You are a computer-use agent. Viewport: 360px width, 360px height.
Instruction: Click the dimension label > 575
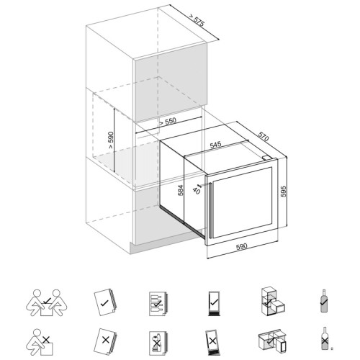click(x=197, y=19)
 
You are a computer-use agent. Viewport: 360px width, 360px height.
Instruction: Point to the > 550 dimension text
click(x=168, y=122)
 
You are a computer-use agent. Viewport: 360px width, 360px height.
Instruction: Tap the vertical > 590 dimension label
click(x=111, y=140)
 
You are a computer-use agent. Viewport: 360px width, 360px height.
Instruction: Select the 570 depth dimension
click(x=264, y=136)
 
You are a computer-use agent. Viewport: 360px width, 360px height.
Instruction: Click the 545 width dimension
click(x=216, y=145)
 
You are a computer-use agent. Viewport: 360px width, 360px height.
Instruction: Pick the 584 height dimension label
click(x=181, y=190)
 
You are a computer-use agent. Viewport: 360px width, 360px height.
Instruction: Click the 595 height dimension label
click(x=284, y=192)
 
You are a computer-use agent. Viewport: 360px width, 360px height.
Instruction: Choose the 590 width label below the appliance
click(x=241, y=246)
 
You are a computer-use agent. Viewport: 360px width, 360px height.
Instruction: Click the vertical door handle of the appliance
click(x=211, y=210)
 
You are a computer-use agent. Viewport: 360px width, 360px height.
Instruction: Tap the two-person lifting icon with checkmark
click(x=47, y=302)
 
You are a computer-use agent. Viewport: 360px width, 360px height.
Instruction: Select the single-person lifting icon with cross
click(x=40, y=342)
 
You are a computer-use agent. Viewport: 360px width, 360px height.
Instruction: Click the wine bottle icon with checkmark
click(x=324, y=301)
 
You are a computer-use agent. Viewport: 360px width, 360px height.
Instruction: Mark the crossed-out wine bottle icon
click(x=325, y=338)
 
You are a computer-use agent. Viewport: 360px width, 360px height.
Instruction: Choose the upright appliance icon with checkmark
click(x=214, y=303)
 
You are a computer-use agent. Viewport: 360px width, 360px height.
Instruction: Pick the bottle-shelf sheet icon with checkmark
click(x=158, y=304)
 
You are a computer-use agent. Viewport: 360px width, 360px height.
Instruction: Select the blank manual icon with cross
click(x=105, y=341)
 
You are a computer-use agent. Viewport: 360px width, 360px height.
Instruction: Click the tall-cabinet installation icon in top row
click(x=273, y=301)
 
